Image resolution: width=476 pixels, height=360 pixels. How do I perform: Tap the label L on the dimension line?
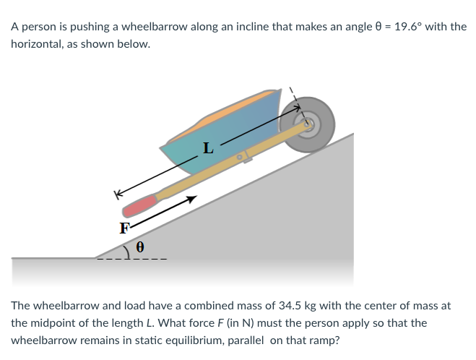(x=208, y=150)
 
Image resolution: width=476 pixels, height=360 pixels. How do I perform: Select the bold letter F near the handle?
(x=125, y=228)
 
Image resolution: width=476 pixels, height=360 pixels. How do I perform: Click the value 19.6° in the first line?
(x=410, y=27)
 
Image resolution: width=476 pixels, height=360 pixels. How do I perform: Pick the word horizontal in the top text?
(x=37, y=43)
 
